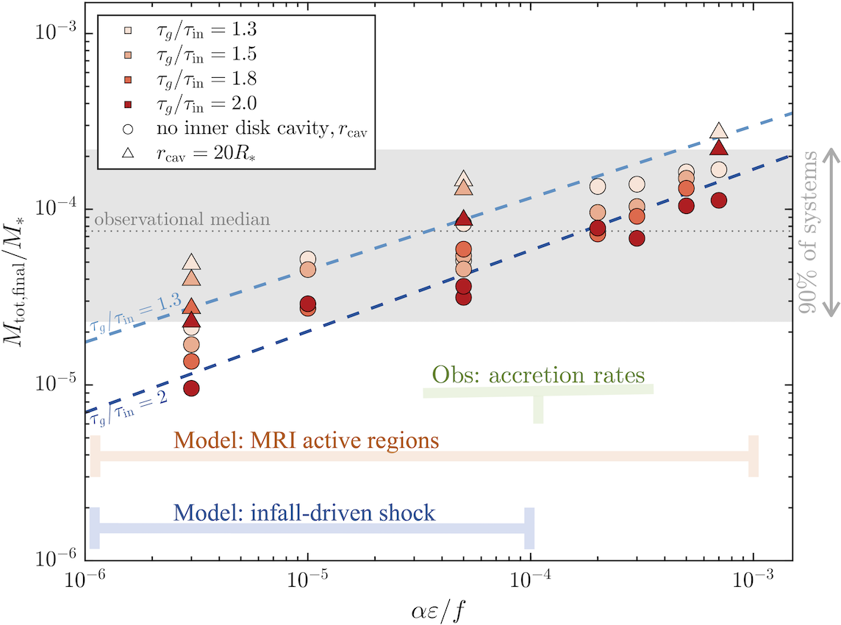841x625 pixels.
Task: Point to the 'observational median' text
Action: pyautogui.click(x=182, y=219)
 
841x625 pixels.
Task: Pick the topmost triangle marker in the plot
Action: pyautogui.click(x=719, y=131)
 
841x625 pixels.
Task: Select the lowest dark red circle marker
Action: pyautogui.click(x=191, y=387)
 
